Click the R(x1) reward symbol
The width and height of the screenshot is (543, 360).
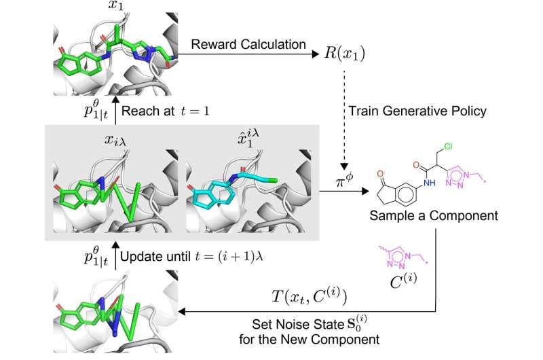pos(345,54)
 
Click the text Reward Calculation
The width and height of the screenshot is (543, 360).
pos(248,44)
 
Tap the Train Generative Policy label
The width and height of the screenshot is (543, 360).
pos(417,111)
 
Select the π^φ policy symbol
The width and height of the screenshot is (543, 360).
pos(345,180)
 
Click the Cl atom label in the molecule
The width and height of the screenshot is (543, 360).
pos(448,147)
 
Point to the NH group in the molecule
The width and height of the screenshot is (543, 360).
pos(430,182)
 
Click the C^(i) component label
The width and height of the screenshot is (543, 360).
pos(403,281)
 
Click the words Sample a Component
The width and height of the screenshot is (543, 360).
pos(434,215)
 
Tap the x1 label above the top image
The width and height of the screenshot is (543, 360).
pos(115,5)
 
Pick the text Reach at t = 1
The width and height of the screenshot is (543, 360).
pos(166,111)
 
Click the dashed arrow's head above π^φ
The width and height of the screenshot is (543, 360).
pos(344,166)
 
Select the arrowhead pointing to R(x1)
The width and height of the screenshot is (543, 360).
pos(315,54)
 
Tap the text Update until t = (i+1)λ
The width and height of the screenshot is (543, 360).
pos(191,257)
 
